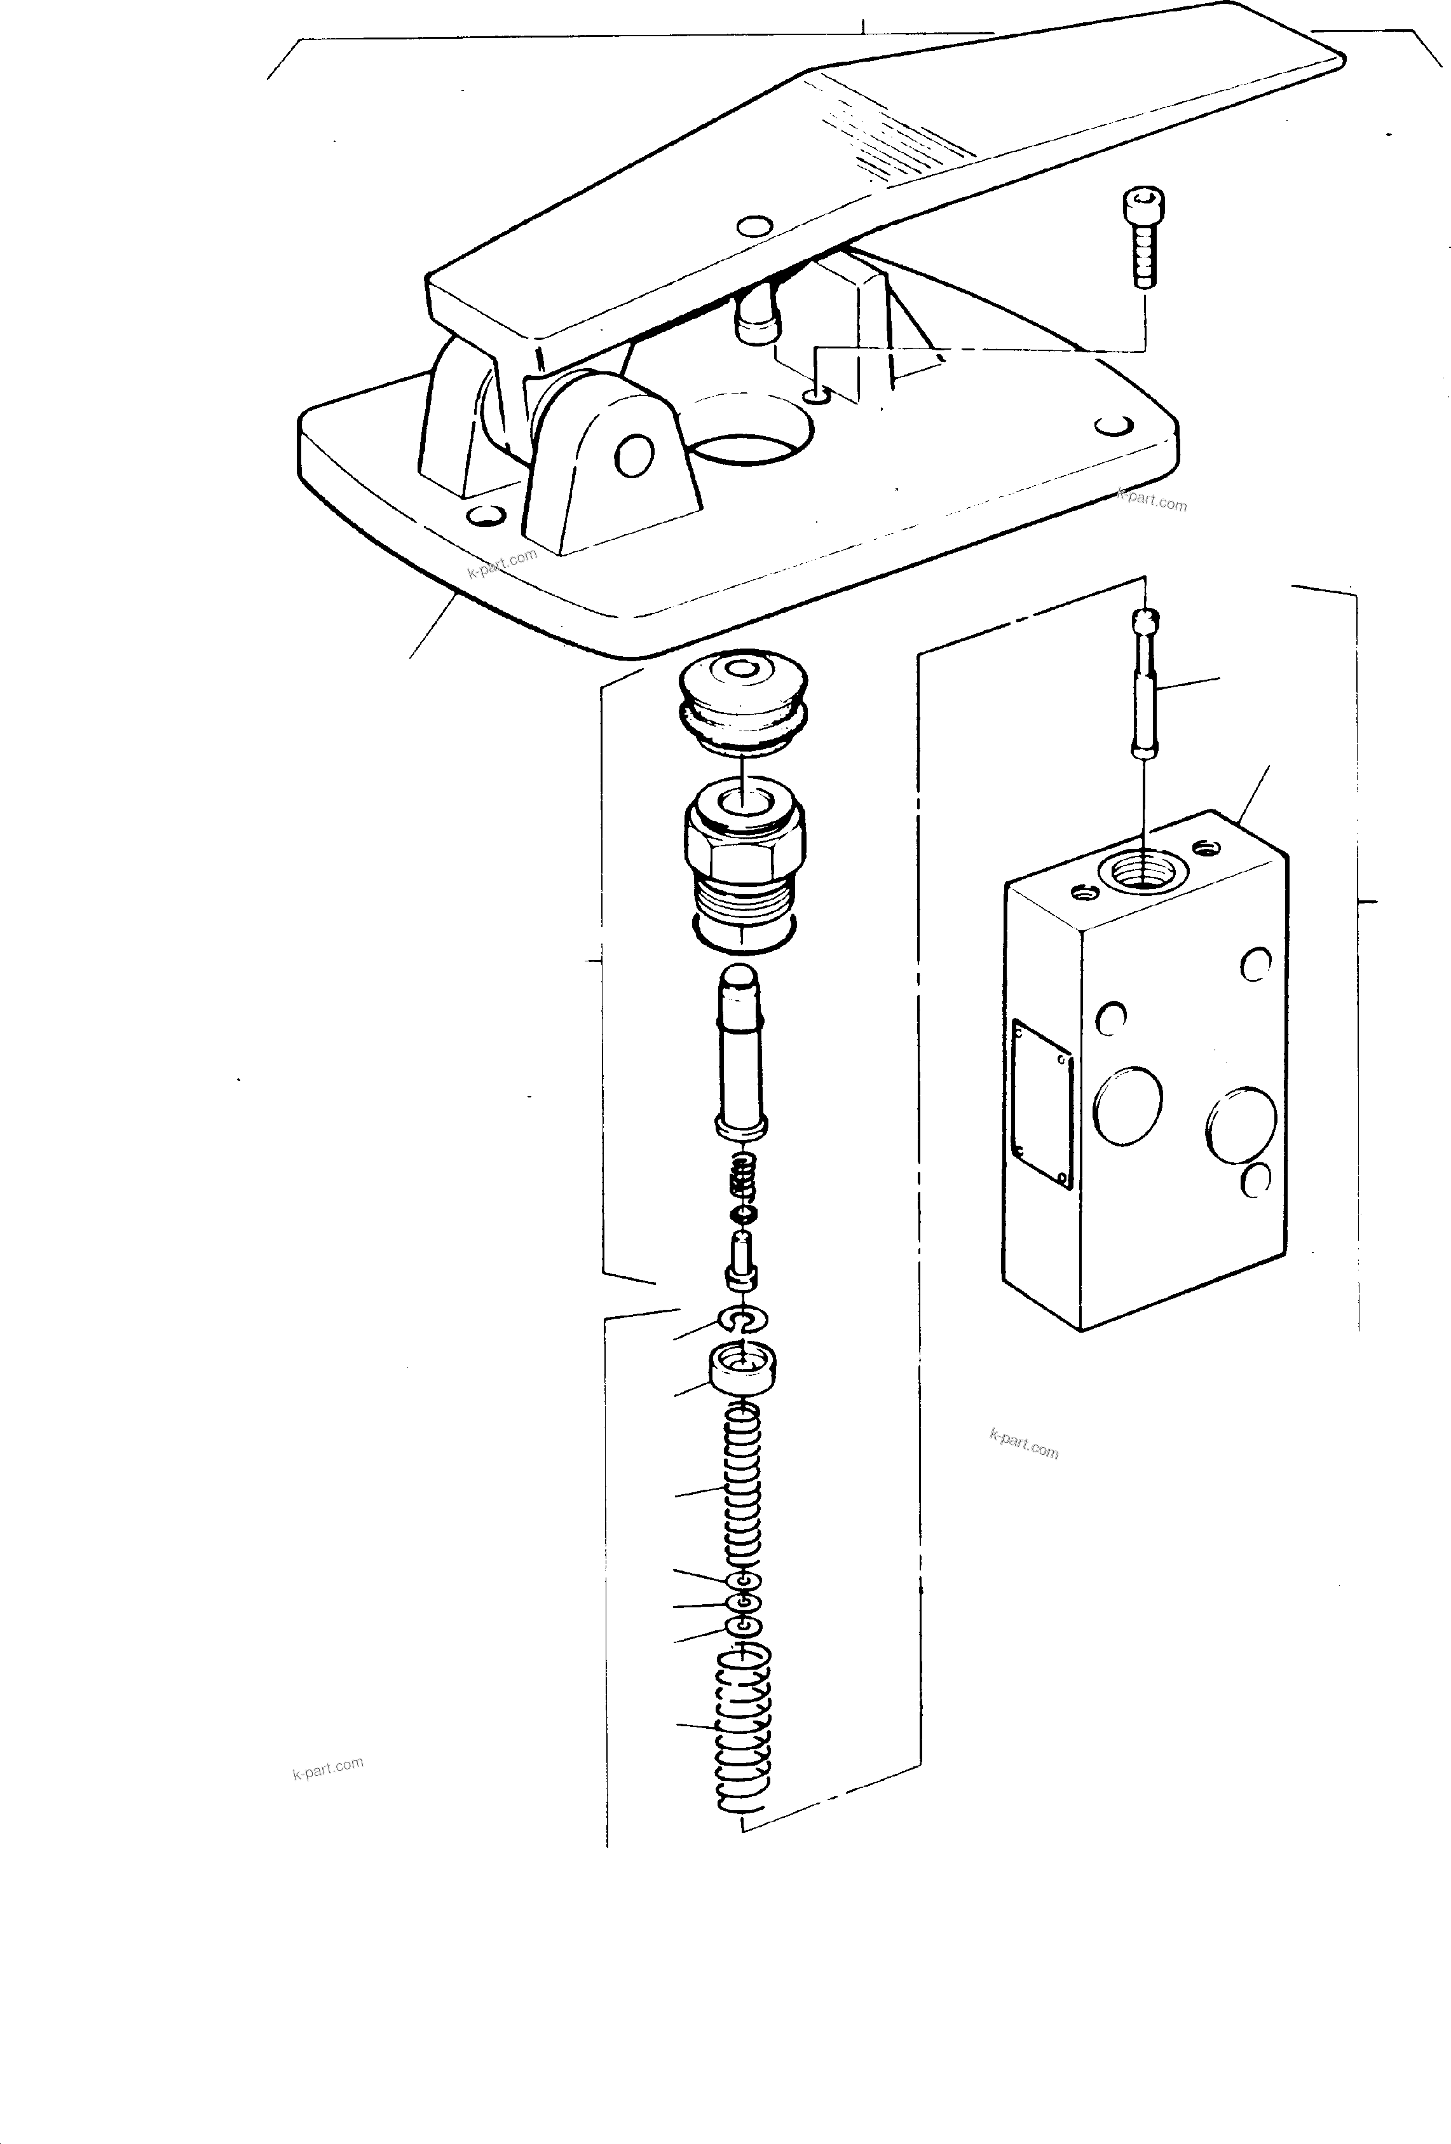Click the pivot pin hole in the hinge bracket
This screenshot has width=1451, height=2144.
coord(635,456)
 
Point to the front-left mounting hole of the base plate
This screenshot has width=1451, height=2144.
coord(486,515)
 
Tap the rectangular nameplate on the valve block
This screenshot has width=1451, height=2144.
coord(1042,1103)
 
